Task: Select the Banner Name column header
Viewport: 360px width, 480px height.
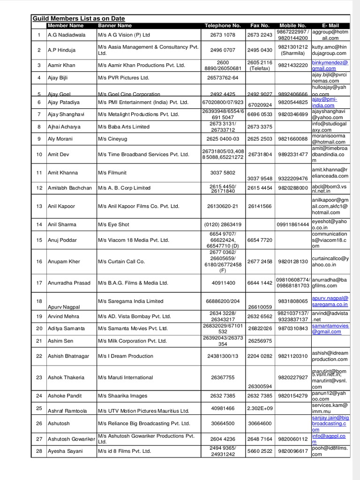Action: [x=115, y=25]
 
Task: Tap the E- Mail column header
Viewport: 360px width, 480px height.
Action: [x=330, y=25]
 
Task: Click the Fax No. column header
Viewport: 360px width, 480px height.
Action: [x=260, y=25]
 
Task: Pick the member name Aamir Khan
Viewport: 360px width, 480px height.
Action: [x=61, y=65]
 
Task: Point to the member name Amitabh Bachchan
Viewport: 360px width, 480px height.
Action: [x=70, y=188]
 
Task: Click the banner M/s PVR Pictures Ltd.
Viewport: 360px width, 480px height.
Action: [x=123, y=78]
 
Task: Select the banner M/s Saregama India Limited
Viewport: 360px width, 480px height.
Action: [x=131, y=301]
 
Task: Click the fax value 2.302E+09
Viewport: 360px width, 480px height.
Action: [x=260, y=408]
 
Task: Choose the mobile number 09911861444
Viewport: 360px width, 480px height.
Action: [x=292, y=225]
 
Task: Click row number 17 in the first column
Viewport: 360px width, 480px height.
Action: [x=39, y=283]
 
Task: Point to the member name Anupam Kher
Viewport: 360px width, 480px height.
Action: [x=64, y=262]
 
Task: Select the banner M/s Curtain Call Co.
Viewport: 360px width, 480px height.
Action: [x=121, y=262]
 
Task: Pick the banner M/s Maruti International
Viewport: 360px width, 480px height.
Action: [x=126, y=377]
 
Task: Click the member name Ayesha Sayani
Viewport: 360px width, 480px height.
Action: [x=65, y=451]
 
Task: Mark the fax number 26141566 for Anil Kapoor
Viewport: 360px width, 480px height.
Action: [x=260, y=206]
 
